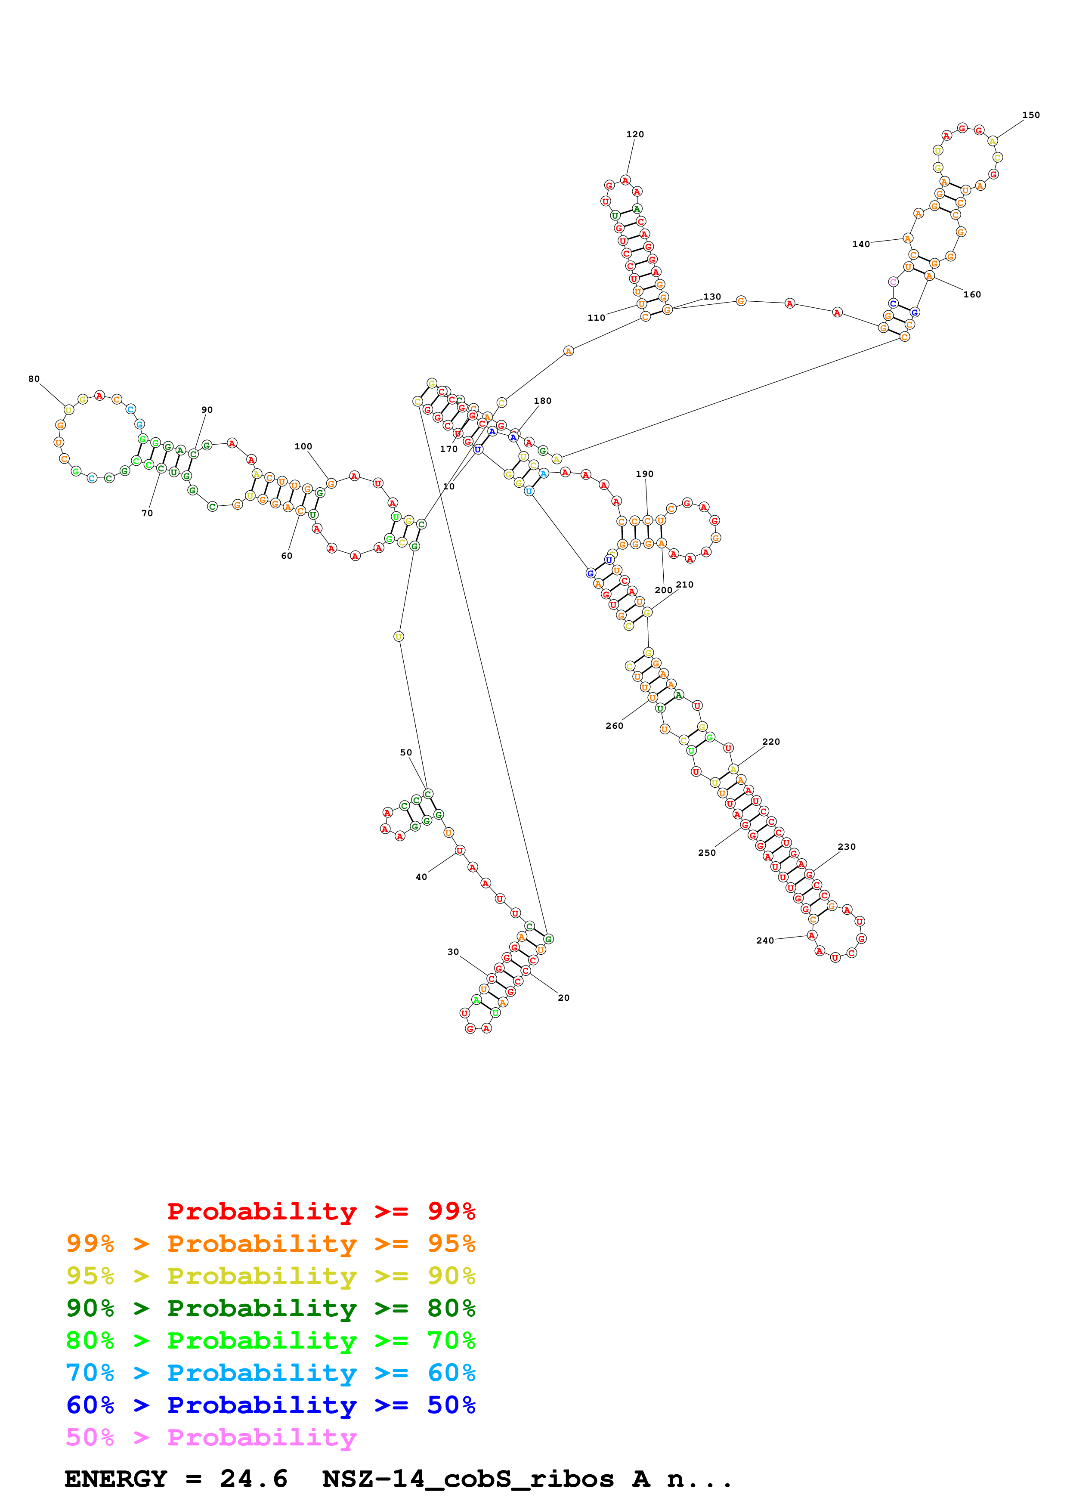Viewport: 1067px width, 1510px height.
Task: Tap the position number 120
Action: click(x=634, y=134)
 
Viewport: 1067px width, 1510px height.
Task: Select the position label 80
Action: click(x=34, y=379)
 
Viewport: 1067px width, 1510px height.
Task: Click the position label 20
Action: click(x=563, y=998)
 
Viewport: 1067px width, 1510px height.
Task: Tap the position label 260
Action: click(x=614, y=725)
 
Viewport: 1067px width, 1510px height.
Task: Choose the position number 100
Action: click(x=303, y=446)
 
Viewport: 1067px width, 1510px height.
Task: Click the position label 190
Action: click(x=644, y=473)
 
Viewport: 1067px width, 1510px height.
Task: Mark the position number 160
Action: click(x=972, y=294)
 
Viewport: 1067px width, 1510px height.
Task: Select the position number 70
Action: click(x=147, y=513)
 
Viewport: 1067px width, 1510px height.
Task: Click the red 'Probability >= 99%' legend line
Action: click(x=321, y=1211)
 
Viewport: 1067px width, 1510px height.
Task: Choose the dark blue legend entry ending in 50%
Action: click(x=270, y=1405)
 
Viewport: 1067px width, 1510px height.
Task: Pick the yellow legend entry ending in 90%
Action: click(x=270, y=1276)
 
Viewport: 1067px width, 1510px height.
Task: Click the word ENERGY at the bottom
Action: click(x=116, y=1479)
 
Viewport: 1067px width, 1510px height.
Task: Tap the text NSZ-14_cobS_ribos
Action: click(x=468, y=1479)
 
